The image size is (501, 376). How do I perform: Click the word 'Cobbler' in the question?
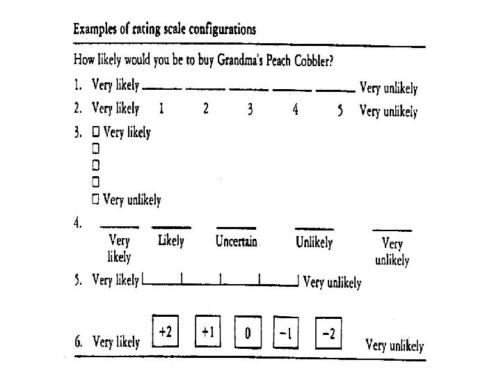[311, 61]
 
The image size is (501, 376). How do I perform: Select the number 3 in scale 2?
[249, 110]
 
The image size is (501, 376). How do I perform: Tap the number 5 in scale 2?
[340, 110]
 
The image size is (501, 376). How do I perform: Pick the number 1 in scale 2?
[161, 109]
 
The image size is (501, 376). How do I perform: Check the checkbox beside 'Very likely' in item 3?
[96, 132]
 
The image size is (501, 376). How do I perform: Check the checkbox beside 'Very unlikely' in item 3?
[96, 200]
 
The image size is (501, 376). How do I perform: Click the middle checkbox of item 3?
[96, 166]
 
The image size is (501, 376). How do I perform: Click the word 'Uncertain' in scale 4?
[237, 242]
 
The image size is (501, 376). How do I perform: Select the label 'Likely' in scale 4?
[171, 241]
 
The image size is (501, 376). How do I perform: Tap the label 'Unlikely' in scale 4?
[314, 242]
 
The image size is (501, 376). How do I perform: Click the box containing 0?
[247, 334]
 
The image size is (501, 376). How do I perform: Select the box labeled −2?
[328, 334]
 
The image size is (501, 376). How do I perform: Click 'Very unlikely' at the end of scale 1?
[388, 88]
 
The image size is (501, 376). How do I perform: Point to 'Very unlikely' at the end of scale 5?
[333, 283]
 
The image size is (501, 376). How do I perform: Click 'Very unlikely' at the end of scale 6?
[394, 345]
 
